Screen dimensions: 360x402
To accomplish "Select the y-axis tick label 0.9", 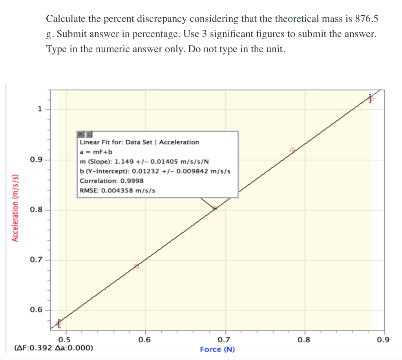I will point(35,160).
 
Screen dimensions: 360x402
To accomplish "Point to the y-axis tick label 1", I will point(39,109).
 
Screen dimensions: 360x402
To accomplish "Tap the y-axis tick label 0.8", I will point(35,210).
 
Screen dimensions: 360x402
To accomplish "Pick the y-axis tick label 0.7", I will point(35,260).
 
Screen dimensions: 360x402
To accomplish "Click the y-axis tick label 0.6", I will point(35,310).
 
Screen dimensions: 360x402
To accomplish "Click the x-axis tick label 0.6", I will point(144,340).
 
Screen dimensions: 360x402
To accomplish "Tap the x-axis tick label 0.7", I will point(224,340).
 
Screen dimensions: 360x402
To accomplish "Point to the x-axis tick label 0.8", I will point(304,340).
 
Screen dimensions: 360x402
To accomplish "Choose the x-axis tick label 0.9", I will point(383,340).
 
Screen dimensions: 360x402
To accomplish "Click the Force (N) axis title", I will point(217,349).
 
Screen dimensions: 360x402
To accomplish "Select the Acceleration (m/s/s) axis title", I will point(15,207).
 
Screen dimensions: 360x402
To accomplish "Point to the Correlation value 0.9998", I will point(132,181).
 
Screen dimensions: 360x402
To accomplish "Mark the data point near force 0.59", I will point(137,266).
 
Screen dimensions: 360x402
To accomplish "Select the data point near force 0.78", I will point(292,150).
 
